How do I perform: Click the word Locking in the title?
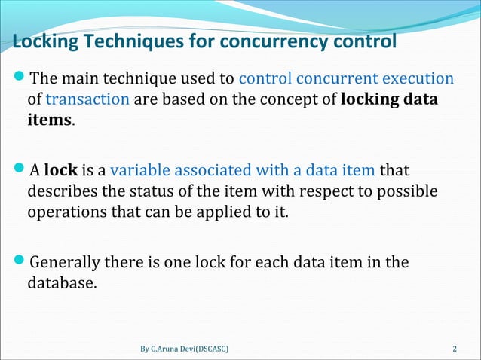point(45,41)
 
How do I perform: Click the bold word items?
point(50,120)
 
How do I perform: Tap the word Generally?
point(67,264)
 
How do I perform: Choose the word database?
point(62,284)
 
